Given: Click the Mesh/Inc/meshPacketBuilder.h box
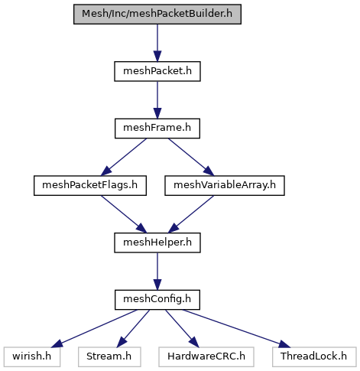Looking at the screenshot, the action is click(x=157, y=14).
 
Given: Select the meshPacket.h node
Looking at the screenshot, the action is click(x=157, y=71).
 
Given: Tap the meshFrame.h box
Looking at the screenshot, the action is click(x=157, y=129).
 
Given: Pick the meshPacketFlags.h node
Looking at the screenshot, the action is click(x=90, y=186).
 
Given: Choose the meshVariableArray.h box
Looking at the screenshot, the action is click(x=225, y=186).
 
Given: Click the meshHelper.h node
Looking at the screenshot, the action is click(x=157, y=242).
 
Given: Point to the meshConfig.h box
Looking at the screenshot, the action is click(x=157, y=300).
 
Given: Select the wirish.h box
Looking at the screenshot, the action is click(x=32, y=357).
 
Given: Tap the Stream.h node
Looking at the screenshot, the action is click(x=109, y=357).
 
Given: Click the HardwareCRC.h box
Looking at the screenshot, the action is click(x=206, y=357).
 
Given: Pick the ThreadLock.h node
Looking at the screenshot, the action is click(x=314, y=357).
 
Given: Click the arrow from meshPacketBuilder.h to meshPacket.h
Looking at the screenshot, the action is click(x=157, y=43).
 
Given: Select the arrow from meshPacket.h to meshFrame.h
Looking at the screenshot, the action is click(x=157, y=100).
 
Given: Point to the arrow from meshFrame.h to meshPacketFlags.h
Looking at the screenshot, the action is click(x=124, y=157).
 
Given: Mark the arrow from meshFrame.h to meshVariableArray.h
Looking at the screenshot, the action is click(x=191, y=157).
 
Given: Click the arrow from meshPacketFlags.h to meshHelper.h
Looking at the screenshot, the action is click(x=124, y=214).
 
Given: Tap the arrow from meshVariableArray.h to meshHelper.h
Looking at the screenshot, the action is click(x=191, y=214).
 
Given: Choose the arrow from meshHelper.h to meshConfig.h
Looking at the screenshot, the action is click(x=157, y=272).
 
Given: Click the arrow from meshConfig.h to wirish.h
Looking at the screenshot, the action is click(x=94, y=328).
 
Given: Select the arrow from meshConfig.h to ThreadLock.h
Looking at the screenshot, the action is click(x=236, y=328).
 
